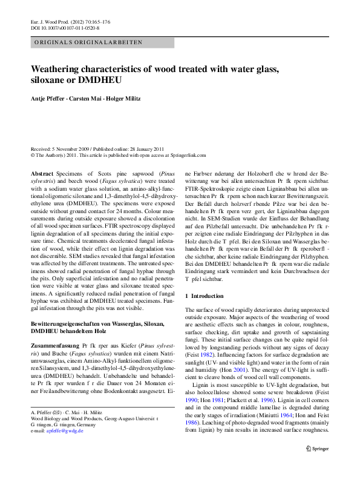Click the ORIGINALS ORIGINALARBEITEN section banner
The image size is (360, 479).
coord(88,42)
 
